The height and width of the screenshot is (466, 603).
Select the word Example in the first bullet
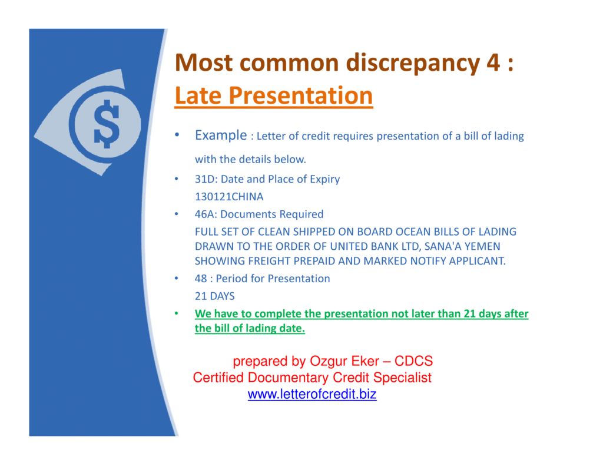click(x=220, y=135)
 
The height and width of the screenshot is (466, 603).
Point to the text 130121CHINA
click(x=229, y=197)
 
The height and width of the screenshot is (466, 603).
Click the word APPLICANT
click(x=477, y=261)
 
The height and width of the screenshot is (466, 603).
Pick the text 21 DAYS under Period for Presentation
click(x=214, y=296)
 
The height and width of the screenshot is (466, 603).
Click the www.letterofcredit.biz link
click(x=312, y=395)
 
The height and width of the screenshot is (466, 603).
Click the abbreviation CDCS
click(x=413, y=361)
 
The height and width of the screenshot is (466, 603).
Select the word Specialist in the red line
click(x=402, y=378)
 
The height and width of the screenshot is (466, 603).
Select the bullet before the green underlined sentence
click(x=175, y=314)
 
